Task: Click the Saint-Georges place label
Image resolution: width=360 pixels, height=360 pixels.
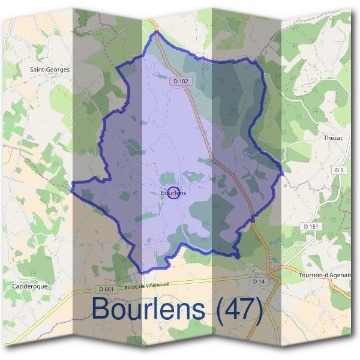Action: [x=50, y=70]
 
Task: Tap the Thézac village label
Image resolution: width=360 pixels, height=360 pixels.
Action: [x=324, y=137]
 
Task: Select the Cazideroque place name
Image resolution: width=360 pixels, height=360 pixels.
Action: [x=30, y=287]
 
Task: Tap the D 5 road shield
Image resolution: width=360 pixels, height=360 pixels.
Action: [x=340, y=170]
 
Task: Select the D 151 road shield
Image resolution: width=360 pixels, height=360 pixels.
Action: [x=310, y=226]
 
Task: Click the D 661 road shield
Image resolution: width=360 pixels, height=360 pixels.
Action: [x=108, y=289]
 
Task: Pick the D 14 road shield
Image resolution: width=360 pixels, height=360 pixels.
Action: [x=259, y=281]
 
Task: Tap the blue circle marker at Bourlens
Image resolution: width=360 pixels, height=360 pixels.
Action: [x=173, y=193]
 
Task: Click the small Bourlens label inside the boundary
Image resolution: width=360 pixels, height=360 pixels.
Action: [x=173, y=193]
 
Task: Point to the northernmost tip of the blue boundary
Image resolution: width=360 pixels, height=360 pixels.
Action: [x=155, y=32]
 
